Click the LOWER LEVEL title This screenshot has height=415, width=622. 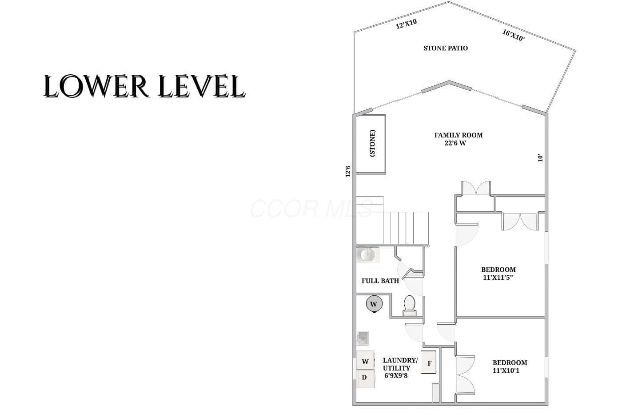point(144,86)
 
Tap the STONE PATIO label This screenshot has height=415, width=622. point(445,48)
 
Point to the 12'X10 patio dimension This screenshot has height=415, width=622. point(406,24)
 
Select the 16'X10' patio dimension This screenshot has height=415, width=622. point(514,35)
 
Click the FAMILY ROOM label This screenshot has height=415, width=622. point(459,135)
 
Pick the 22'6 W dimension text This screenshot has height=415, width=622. point(455,143)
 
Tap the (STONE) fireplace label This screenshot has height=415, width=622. point(373,143)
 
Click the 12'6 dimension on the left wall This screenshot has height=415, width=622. point(348,171)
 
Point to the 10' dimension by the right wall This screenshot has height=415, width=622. point(540,158)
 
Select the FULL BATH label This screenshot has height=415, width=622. point(380,281)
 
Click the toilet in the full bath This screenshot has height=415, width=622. point(410,306)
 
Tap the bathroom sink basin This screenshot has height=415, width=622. point(368,254)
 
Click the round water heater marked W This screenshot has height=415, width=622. point(374,304)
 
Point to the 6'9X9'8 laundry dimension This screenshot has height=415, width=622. point(396,376)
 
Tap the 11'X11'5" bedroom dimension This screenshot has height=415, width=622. point(498,277)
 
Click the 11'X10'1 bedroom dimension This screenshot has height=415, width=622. point(506,371)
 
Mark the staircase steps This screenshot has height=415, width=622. point(406,228)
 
